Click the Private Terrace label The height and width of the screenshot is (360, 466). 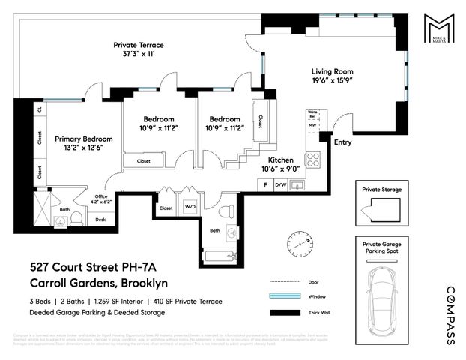pos(138,50)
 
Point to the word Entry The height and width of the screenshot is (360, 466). pos(342,142)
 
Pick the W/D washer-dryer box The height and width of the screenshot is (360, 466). pos(190,208)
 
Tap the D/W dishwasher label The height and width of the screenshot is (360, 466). pos(281,184)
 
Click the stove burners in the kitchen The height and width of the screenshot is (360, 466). pos(315,159)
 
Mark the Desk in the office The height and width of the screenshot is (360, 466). pos(101,220)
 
